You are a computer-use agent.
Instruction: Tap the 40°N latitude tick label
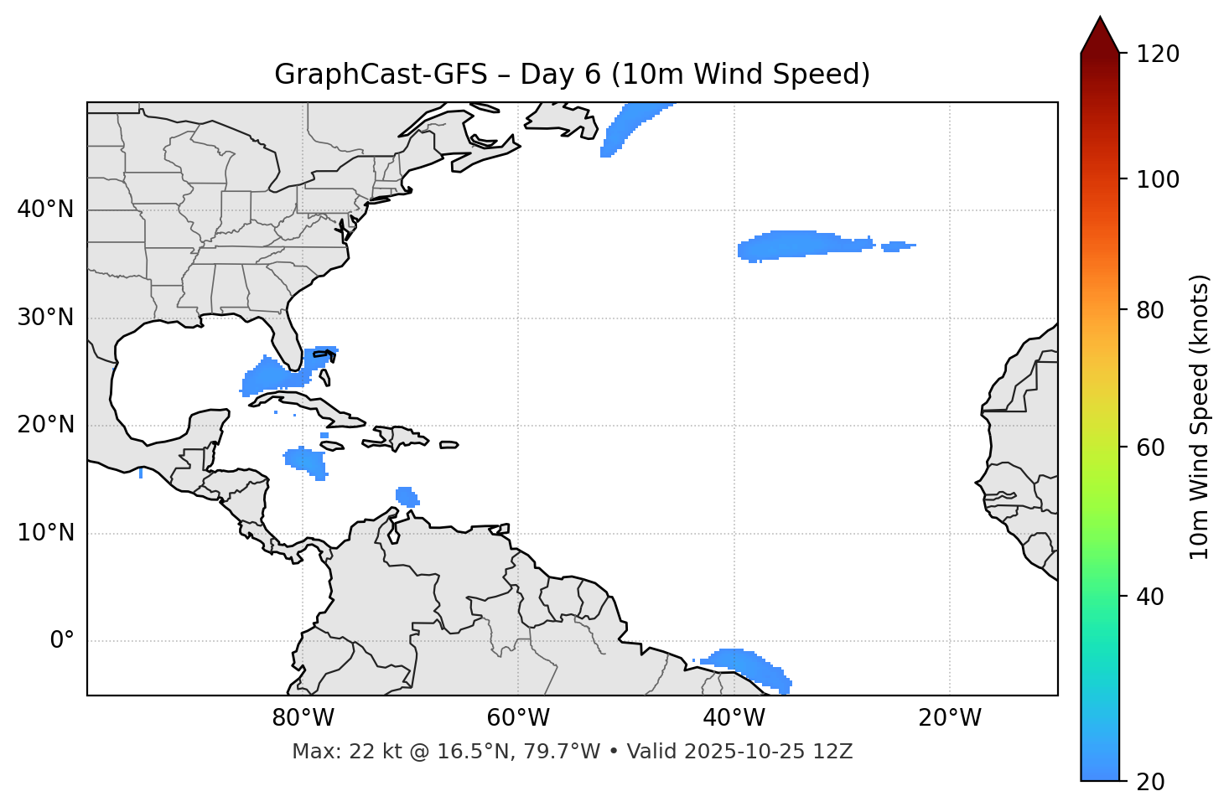(x=45, y=209)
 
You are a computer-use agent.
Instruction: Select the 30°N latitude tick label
(x=45, y=318)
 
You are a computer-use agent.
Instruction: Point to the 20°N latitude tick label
(x=45, y=425)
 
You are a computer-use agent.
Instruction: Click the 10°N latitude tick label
(x=45, y=533)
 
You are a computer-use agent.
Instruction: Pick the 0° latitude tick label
(x=62, y=641)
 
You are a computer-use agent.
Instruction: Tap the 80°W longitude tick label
(x=303, y=718)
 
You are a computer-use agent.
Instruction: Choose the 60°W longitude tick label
(x=518, y=718)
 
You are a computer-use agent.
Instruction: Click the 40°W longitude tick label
(x=734, y=718)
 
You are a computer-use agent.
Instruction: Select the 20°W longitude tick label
(x=949, y=718)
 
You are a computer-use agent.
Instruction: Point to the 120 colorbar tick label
(x=1158, y=54)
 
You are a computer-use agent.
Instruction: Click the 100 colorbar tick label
(x=1158, y=179)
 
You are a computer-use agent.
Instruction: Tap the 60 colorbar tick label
(x=1151, y=447)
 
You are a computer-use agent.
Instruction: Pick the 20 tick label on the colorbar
(x=1151, y=781)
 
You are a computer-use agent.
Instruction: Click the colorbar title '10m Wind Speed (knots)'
(x=1200, y=416)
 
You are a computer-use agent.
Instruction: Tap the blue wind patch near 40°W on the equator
(x=746, y=664)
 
